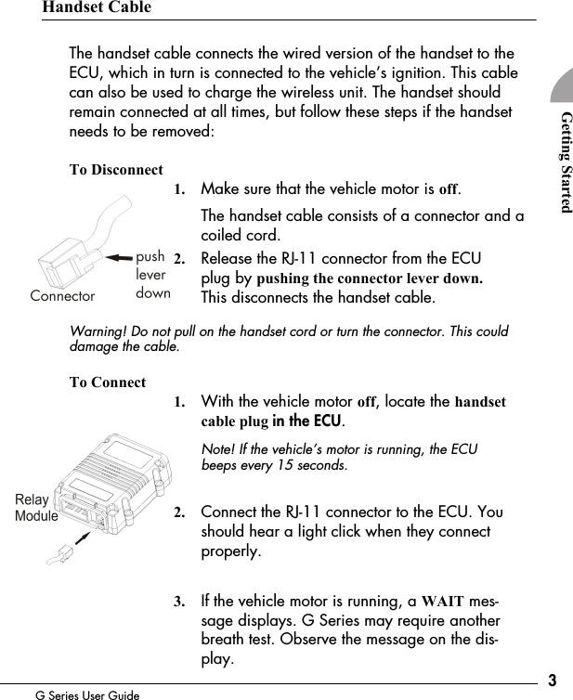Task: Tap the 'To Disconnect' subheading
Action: (116, 171)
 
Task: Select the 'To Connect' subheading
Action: (107, 382)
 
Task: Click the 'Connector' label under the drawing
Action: (62, 296)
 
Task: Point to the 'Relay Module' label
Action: (36, 508)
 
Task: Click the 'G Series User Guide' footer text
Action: (87, 694)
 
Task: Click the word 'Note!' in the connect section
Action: (219, 449)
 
